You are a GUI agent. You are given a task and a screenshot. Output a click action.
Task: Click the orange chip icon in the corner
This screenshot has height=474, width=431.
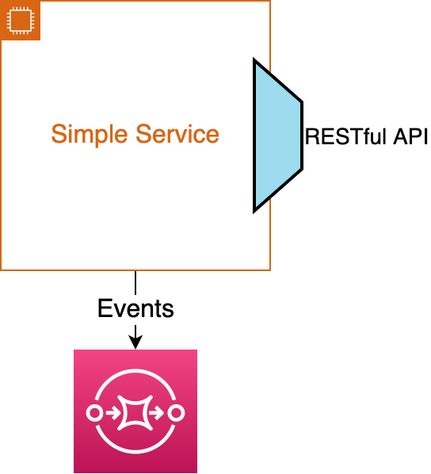click(x=21, y=21)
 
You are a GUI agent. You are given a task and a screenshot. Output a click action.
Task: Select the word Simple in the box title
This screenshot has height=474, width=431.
click(x=90, y=135)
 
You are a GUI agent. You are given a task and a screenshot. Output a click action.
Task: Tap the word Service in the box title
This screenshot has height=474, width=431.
click(x=177, y=134)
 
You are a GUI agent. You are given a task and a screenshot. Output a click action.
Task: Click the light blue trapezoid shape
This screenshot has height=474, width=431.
click(x=278, y=136)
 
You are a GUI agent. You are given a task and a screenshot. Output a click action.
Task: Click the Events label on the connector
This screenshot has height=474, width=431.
click(x=135, y=308)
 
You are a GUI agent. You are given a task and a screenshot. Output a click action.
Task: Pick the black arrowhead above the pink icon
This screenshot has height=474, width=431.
click(x=135, y=342)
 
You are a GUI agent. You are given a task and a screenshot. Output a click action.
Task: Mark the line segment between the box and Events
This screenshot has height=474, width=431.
click(x=135, y=283)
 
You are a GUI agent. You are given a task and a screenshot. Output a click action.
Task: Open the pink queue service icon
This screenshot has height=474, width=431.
click(x=135, y=411)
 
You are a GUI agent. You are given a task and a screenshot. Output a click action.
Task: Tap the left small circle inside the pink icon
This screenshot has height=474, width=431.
click(x=94, y=413)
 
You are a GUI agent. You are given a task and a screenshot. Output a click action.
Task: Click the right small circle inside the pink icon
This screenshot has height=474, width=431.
click(x=176, y=413)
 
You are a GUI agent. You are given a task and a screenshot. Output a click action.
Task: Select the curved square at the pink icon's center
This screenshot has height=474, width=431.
click(x=135, y=413)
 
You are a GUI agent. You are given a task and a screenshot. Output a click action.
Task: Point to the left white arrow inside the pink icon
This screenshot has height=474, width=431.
click(x=113, y=413)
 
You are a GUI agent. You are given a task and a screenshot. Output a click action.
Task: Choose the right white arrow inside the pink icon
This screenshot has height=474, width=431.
click(x=157, y=413)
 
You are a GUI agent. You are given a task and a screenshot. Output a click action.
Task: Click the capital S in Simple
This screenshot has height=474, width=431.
click(x=59, y=134)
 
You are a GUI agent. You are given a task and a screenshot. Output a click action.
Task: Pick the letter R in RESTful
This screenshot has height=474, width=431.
click(x=312, y=136)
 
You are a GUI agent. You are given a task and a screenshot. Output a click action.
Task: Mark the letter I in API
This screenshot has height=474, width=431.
click(x=425, y=136)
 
